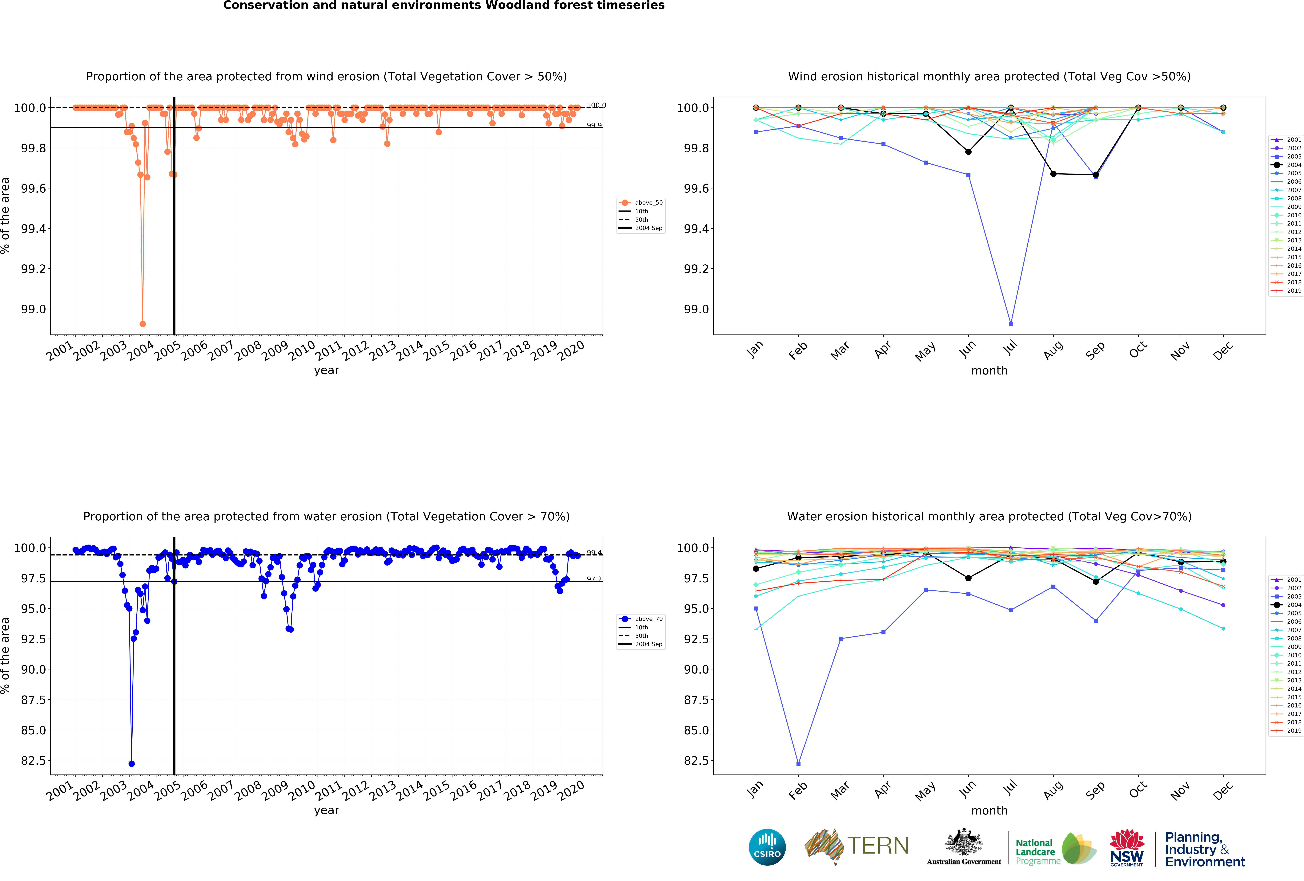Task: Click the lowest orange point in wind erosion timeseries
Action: click(142, 324)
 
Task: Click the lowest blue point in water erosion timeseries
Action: click(131, 764)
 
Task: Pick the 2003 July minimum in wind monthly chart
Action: click(1011, 324)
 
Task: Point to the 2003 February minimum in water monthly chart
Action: click(798, 764)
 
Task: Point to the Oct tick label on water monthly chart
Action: click(1138, 790)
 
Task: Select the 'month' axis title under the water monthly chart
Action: click(989, 810)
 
